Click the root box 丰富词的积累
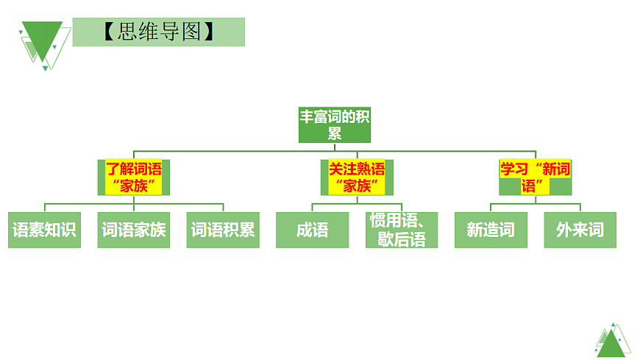coord(335,124)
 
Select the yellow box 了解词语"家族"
coord(133,177)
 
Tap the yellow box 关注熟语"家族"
coord(357,177)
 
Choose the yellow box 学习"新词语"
coord(535,177)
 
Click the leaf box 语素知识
coord(44,230)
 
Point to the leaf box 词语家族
coord(133,230)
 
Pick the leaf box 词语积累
coord(223,230)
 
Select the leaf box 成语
coord(312,230)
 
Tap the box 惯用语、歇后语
coord(402,230)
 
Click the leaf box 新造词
coord(491,230)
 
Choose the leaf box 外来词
coord(580,230)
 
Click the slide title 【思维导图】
coord(158,32)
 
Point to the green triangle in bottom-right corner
coord(611,342)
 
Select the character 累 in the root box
coord(335,133)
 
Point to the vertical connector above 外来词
coord(580,208)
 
